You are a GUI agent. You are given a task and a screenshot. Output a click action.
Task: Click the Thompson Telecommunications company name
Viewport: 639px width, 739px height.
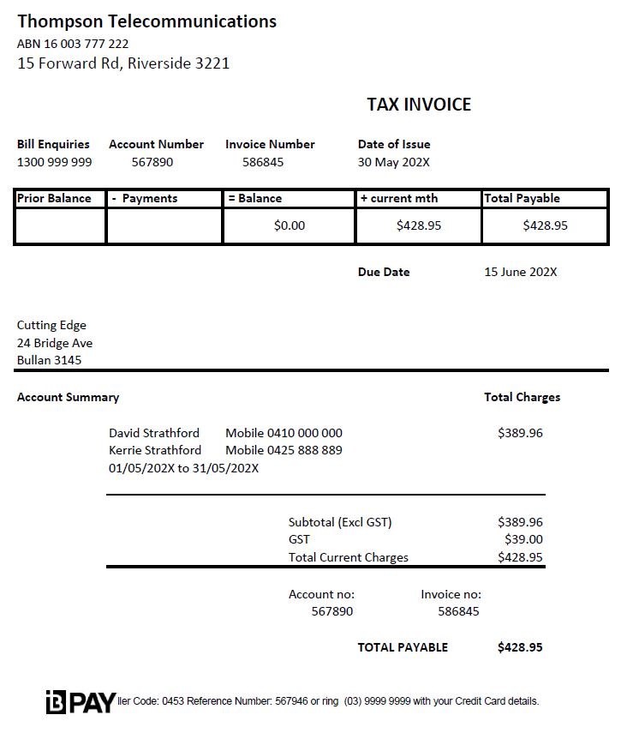[x=146, y=21]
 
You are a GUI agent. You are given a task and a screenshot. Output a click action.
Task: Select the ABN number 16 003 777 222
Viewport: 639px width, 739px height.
[x=73, y=44]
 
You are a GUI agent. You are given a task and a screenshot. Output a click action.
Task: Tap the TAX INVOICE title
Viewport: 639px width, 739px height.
[x=419, y=105]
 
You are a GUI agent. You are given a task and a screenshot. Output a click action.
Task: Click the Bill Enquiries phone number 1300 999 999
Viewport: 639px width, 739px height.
[x=54, y=162]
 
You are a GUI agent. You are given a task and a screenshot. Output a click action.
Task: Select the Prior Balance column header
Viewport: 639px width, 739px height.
[x=54, y=198]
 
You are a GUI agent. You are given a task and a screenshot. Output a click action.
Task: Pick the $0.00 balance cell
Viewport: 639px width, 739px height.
[x=290, y=225]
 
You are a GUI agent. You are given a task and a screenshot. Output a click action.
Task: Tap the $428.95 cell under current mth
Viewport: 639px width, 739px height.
[x=419, y=225]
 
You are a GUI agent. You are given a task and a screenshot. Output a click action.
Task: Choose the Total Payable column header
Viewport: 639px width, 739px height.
[x=522, y=198]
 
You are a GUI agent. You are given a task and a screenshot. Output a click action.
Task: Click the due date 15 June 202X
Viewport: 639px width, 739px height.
[x=520, y=272]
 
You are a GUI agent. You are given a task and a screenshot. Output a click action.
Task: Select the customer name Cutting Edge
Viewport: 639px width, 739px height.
[x=51, y=325]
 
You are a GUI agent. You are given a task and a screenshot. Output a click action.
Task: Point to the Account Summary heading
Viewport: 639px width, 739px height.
[x=68, y=397]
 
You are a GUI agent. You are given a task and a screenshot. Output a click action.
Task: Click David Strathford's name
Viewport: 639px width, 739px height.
[x=154, y=433]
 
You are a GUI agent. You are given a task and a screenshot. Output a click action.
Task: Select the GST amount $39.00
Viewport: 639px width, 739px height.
[x=523, y=539]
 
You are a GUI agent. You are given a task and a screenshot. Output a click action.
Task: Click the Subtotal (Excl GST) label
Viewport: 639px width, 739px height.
[x=340, y=522]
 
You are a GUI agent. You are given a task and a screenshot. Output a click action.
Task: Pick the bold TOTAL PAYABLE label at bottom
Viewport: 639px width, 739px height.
[x=403, y=647]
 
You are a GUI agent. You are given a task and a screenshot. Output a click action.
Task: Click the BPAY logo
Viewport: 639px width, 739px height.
[x=81, y=702]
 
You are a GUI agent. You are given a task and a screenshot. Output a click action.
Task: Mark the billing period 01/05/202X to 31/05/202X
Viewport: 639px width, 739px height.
[x=183, y=468]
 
